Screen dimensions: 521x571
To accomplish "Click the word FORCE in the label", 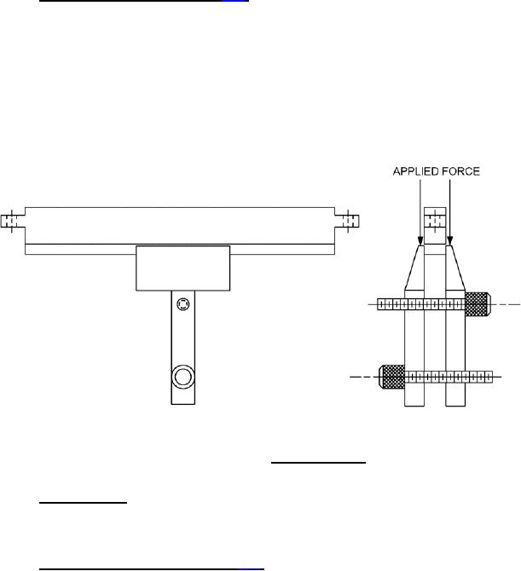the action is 460,171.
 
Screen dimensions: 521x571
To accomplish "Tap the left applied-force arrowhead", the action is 420,240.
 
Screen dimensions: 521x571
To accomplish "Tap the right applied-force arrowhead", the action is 450,240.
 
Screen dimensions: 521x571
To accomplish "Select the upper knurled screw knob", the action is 478,304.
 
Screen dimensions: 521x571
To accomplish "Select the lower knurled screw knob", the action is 392,377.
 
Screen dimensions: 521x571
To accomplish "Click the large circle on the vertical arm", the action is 182,377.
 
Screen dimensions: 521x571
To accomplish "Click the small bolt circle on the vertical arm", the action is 183,304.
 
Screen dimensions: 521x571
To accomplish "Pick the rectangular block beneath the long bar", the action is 182,268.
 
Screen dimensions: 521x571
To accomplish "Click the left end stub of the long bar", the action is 13,221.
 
